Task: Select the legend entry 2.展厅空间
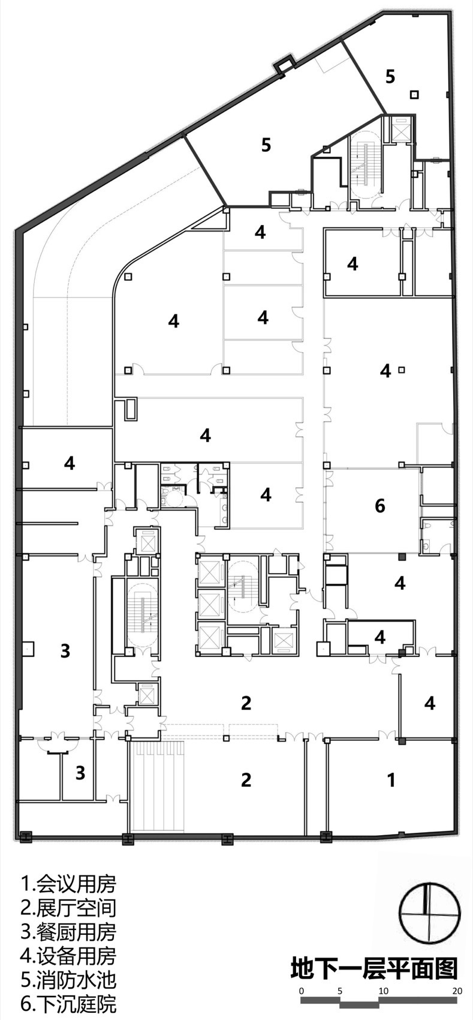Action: [x=68, y=907]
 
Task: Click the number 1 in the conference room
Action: [x=391, y=780]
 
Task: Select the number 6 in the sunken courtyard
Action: [x=379, y=506]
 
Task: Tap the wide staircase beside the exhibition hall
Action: [x=157, y=787]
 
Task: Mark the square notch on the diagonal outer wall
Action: [x=284, y=65]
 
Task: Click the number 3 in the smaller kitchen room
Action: [x=80, y=773]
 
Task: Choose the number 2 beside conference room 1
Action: [x=246, y=780]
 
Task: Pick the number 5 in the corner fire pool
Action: [x=390, y=77]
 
